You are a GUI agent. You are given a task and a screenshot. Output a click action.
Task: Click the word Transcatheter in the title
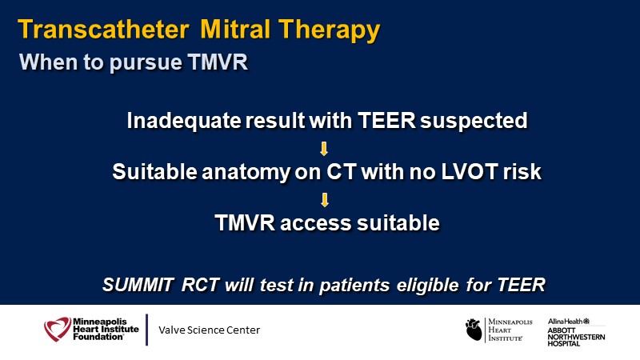pos(103,30)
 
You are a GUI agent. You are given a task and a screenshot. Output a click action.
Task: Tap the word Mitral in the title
pos(235,30)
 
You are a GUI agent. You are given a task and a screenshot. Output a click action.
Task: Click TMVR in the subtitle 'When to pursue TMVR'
pos(218,62)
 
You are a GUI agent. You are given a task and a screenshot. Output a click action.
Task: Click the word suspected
pos(474,122)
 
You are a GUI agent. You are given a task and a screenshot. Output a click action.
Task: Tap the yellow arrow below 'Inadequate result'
pos(324,149)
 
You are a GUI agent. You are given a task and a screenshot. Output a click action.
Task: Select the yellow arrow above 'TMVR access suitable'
pos(325,200)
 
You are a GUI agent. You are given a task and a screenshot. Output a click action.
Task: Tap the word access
pos(316,223)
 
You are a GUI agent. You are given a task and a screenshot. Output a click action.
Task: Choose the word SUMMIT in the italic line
pos(138,285)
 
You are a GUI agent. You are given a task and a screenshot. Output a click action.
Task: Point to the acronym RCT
pos(201,285)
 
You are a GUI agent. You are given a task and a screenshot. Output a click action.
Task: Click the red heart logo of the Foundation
pos(58,329)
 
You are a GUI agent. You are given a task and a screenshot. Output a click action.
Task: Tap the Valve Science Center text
pos(209,330)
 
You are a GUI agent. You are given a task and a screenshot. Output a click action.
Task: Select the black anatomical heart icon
pos(474,330)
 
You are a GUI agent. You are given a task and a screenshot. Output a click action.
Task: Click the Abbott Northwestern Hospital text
pos(576,337)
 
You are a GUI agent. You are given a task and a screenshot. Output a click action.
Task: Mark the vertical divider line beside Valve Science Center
pos(146,330)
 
